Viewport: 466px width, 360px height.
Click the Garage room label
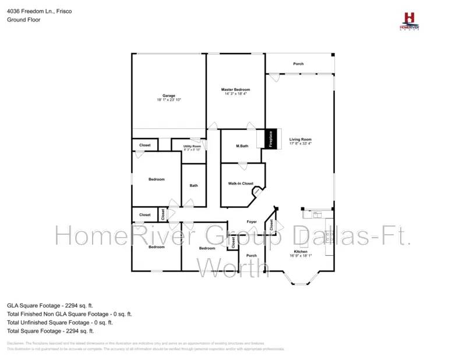[x=168, y=96]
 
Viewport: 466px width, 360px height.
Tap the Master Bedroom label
[x=235, y=89]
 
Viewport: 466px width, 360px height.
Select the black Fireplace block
[x=270, y=139]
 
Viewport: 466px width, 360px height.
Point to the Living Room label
[x=301, y=139]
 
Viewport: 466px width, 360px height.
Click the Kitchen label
[x=301, y=252]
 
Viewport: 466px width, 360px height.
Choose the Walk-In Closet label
[x=241, y=183]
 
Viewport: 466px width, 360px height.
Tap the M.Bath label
[x=242, y=146]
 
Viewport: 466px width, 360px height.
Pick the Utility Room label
[x=192, y=146]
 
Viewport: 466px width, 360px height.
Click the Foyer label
[x=252, y=222]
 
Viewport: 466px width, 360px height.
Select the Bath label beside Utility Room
[x=193, y=186]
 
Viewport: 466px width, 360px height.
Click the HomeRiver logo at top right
[x=409, y=21]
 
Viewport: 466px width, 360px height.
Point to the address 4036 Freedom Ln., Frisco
[x=40, y=11]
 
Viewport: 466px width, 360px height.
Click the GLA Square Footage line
[x=50, y=305]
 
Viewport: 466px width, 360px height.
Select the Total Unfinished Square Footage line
[x=60, y=322]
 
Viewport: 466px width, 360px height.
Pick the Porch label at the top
[x=298, y=64]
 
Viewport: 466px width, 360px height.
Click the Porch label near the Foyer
[x=252, y=256]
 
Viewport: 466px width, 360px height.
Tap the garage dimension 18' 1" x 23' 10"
[x=168, y=100]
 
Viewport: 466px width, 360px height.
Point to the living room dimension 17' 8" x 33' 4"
[x=301, y=144]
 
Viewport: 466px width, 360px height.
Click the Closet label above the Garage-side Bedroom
[x=145, y=145]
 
